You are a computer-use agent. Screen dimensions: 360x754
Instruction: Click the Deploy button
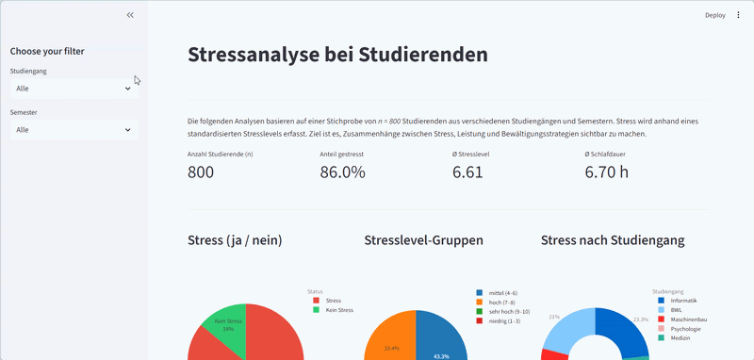point(714,15)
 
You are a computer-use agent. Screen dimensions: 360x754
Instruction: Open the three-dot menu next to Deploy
point(738,15)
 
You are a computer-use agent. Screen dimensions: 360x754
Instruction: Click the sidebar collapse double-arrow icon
point(130,15)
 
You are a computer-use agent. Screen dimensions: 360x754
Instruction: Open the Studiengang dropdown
point(74,89)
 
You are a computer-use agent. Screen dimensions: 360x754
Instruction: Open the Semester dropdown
point(74,130)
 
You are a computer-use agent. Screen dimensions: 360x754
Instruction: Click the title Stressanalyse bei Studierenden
point(337,55)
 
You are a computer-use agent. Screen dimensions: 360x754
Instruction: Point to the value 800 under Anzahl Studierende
point(201,172)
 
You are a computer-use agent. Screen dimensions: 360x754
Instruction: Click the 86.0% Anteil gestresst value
point(342,172)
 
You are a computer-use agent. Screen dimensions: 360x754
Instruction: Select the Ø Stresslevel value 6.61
point(467,172)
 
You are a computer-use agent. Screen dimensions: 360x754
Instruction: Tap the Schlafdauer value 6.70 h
point(606,172)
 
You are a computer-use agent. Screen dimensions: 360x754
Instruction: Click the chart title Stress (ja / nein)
point(235,241)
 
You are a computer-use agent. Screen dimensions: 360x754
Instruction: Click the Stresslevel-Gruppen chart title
point(423,241)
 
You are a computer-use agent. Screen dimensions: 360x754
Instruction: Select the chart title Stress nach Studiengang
point(613,241)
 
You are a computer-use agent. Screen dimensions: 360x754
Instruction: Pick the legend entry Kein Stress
point(338,309)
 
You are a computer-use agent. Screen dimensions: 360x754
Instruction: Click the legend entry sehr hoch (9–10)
point(510,311)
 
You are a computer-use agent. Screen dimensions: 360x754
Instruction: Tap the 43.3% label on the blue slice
point(441,355)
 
